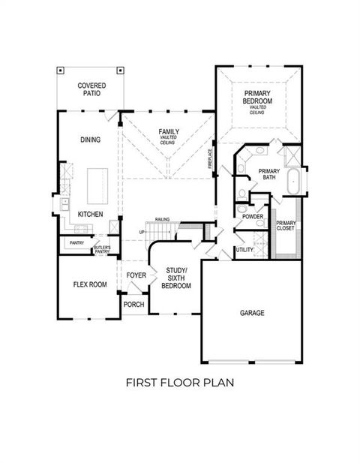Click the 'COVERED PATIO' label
(91, 91)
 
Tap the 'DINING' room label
(90, 140)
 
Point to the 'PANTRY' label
(76, 243)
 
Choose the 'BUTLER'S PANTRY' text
(102, 250)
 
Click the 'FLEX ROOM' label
(89, 285)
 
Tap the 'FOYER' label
(136, 275)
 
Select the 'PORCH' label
(133, 305)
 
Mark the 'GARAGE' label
(252, 312)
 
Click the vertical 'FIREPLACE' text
(210, 158)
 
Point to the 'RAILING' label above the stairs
(162, 219)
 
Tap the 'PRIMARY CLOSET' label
(286, 227)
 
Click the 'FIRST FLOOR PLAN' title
(180, 382)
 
